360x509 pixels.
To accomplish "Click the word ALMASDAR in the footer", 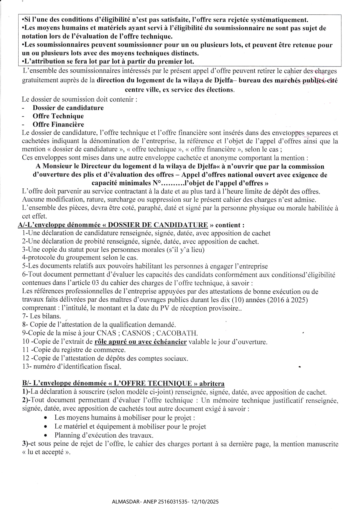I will (x=123, y=501).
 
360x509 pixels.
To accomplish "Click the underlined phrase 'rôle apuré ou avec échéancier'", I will (x=141, y=342).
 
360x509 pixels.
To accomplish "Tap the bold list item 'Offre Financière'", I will (x=58, y=124).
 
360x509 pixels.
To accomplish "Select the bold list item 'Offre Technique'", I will (x=58, y=116).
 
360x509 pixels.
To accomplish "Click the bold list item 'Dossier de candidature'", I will (x=68, y=108).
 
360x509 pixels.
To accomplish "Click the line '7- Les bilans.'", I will (x=41, y=316).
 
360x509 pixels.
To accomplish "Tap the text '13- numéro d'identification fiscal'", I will (x=72, y=367).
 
